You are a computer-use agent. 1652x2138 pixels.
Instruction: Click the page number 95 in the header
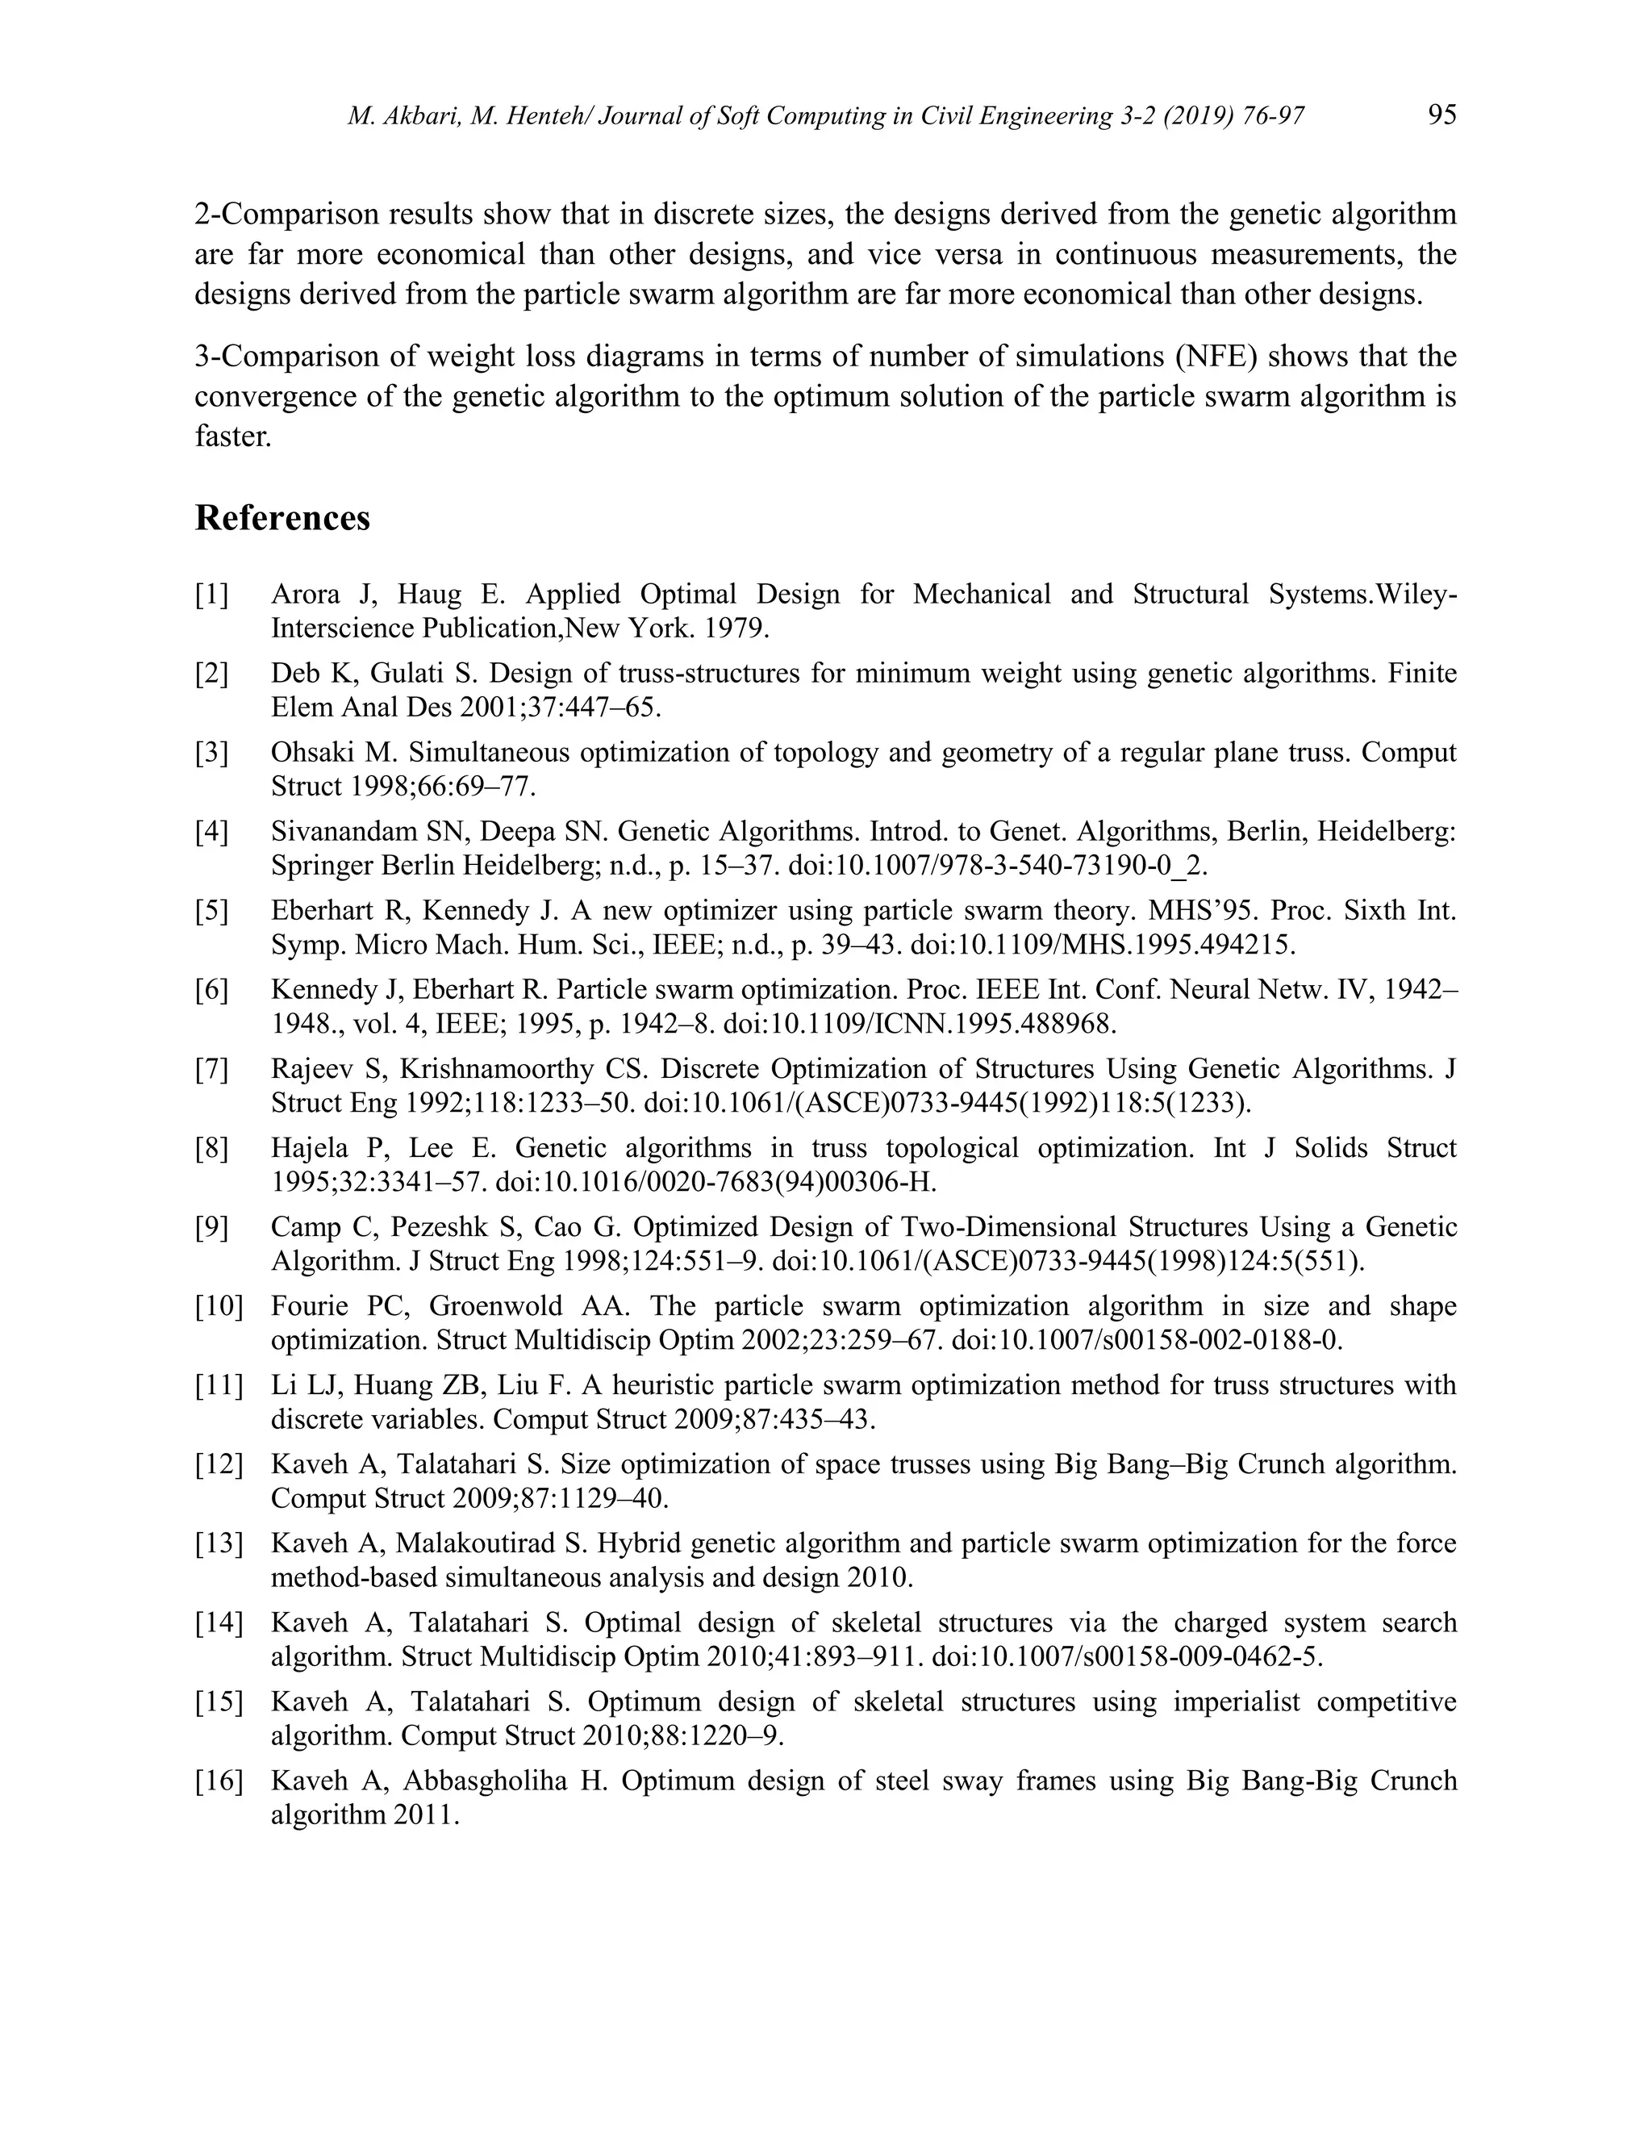[1441, 115]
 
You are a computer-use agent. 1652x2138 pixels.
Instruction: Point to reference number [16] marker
[219, 1781]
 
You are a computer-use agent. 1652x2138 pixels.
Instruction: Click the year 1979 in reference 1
[734, 628]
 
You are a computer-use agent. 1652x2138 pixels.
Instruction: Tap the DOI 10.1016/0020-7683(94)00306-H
[715, 1183]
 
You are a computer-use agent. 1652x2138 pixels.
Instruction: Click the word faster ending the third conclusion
[232, 436]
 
